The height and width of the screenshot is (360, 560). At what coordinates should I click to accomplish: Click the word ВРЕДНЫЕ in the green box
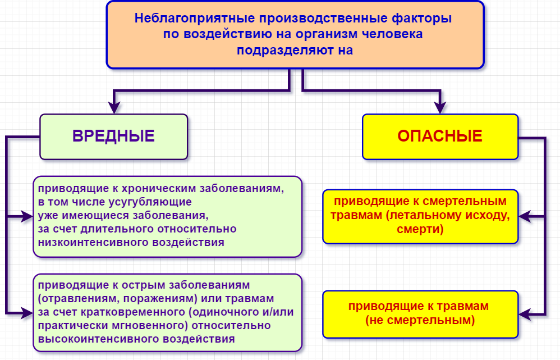tap(113, 136)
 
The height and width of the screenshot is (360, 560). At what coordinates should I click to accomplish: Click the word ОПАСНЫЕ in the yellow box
tap(440, 136)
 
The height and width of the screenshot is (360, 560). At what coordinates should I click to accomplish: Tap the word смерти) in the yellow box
tap(420, 229)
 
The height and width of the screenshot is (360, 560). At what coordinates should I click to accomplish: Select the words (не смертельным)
tap(420, 320)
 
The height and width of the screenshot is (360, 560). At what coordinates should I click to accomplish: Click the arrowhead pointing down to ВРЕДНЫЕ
tap(114, 107)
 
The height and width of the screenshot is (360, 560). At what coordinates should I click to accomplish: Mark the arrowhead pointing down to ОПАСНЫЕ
tap(440, 107)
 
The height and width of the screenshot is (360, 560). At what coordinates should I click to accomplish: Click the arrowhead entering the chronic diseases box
tap(27, 216)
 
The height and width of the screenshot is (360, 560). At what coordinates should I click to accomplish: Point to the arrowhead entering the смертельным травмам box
tap(525, 216)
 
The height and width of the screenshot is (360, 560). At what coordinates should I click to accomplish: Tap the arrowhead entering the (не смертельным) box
tap(525, 315)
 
